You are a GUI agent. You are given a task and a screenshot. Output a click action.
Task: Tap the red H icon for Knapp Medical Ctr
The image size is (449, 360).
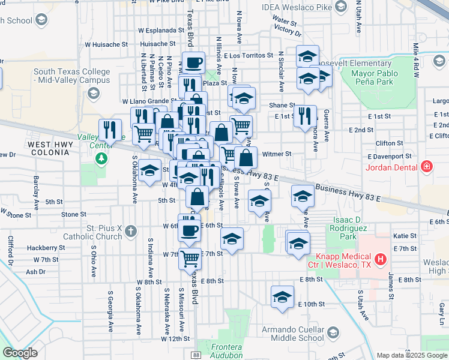pos(379,259)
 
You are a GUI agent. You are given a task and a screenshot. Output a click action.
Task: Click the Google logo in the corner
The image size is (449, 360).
pos(20,353)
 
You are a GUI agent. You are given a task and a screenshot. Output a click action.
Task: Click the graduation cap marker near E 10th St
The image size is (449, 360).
pos(282,297)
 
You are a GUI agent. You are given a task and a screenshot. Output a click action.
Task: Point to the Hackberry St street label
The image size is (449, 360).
pos(46,247)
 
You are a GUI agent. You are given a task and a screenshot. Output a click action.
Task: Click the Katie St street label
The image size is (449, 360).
pos(405,236)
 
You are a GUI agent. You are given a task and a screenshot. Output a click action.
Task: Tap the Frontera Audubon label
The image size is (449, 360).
pos(226,351)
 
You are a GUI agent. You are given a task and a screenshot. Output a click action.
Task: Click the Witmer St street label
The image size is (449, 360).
pos(277,154)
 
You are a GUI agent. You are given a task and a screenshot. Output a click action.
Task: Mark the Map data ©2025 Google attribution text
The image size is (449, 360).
pos(411,355)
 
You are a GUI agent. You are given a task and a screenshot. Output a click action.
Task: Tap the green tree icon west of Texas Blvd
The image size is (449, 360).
pos(101,158)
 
